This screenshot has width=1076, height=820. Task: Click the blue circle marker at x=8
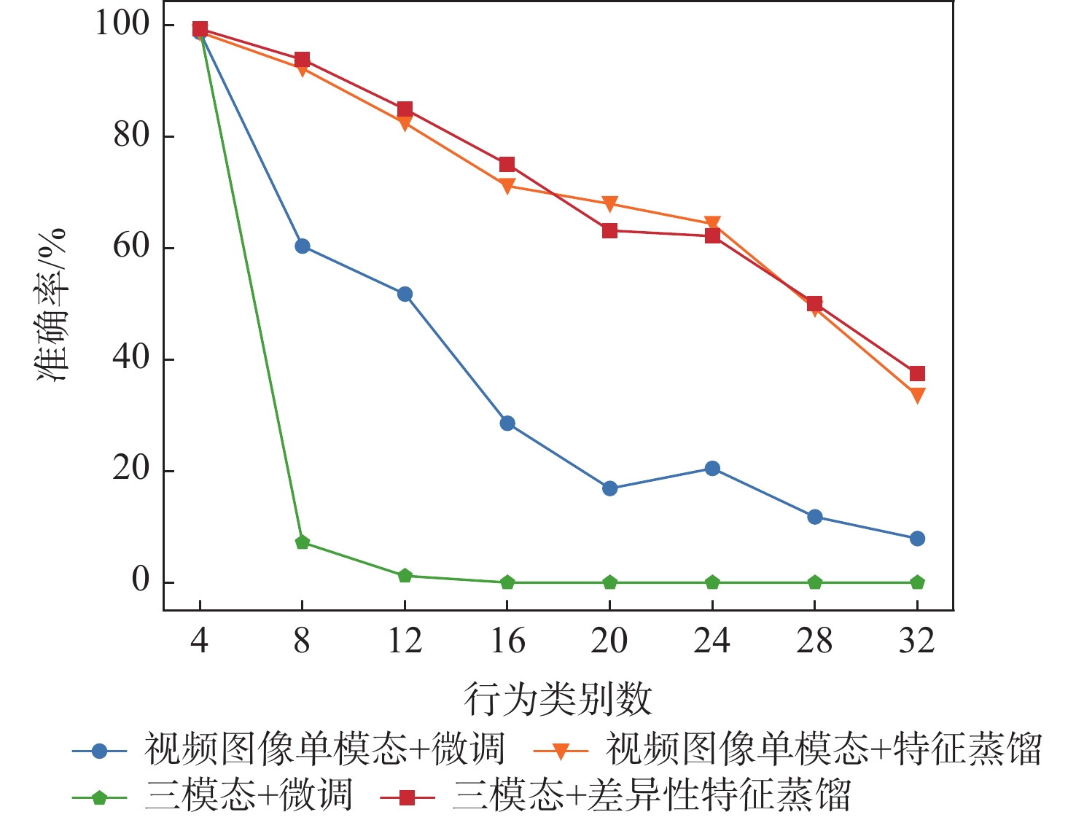[x=303, y=246]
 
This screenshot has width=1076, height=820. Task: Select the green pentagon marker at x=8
[x=303, y=542]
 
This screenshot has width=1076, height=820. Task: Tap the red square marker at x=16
[x=507, y=165]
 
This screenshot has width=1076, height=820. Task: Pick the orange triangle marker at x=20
[x=610, y=203]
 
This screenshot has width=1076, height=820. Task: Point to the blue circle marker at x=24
[x=712, y=469]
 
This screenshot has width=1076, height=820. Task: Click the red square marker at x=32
[x=917, y=374]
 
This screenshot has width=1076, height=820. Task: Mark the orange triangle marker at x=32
[x=917, y=395]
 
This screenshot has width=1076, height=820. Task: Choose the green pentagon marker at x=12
[x=405, y=576]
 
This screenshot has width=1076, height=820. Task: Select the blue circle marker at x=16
[x=507, y=423]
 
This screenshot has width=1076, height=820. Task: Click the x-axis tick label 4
[x=200, y=641]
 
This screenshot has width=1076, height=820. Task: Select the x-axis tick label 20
[x=609, y=641]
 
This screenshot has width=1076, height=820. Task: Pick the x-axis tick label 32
[x=917, y=641]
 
